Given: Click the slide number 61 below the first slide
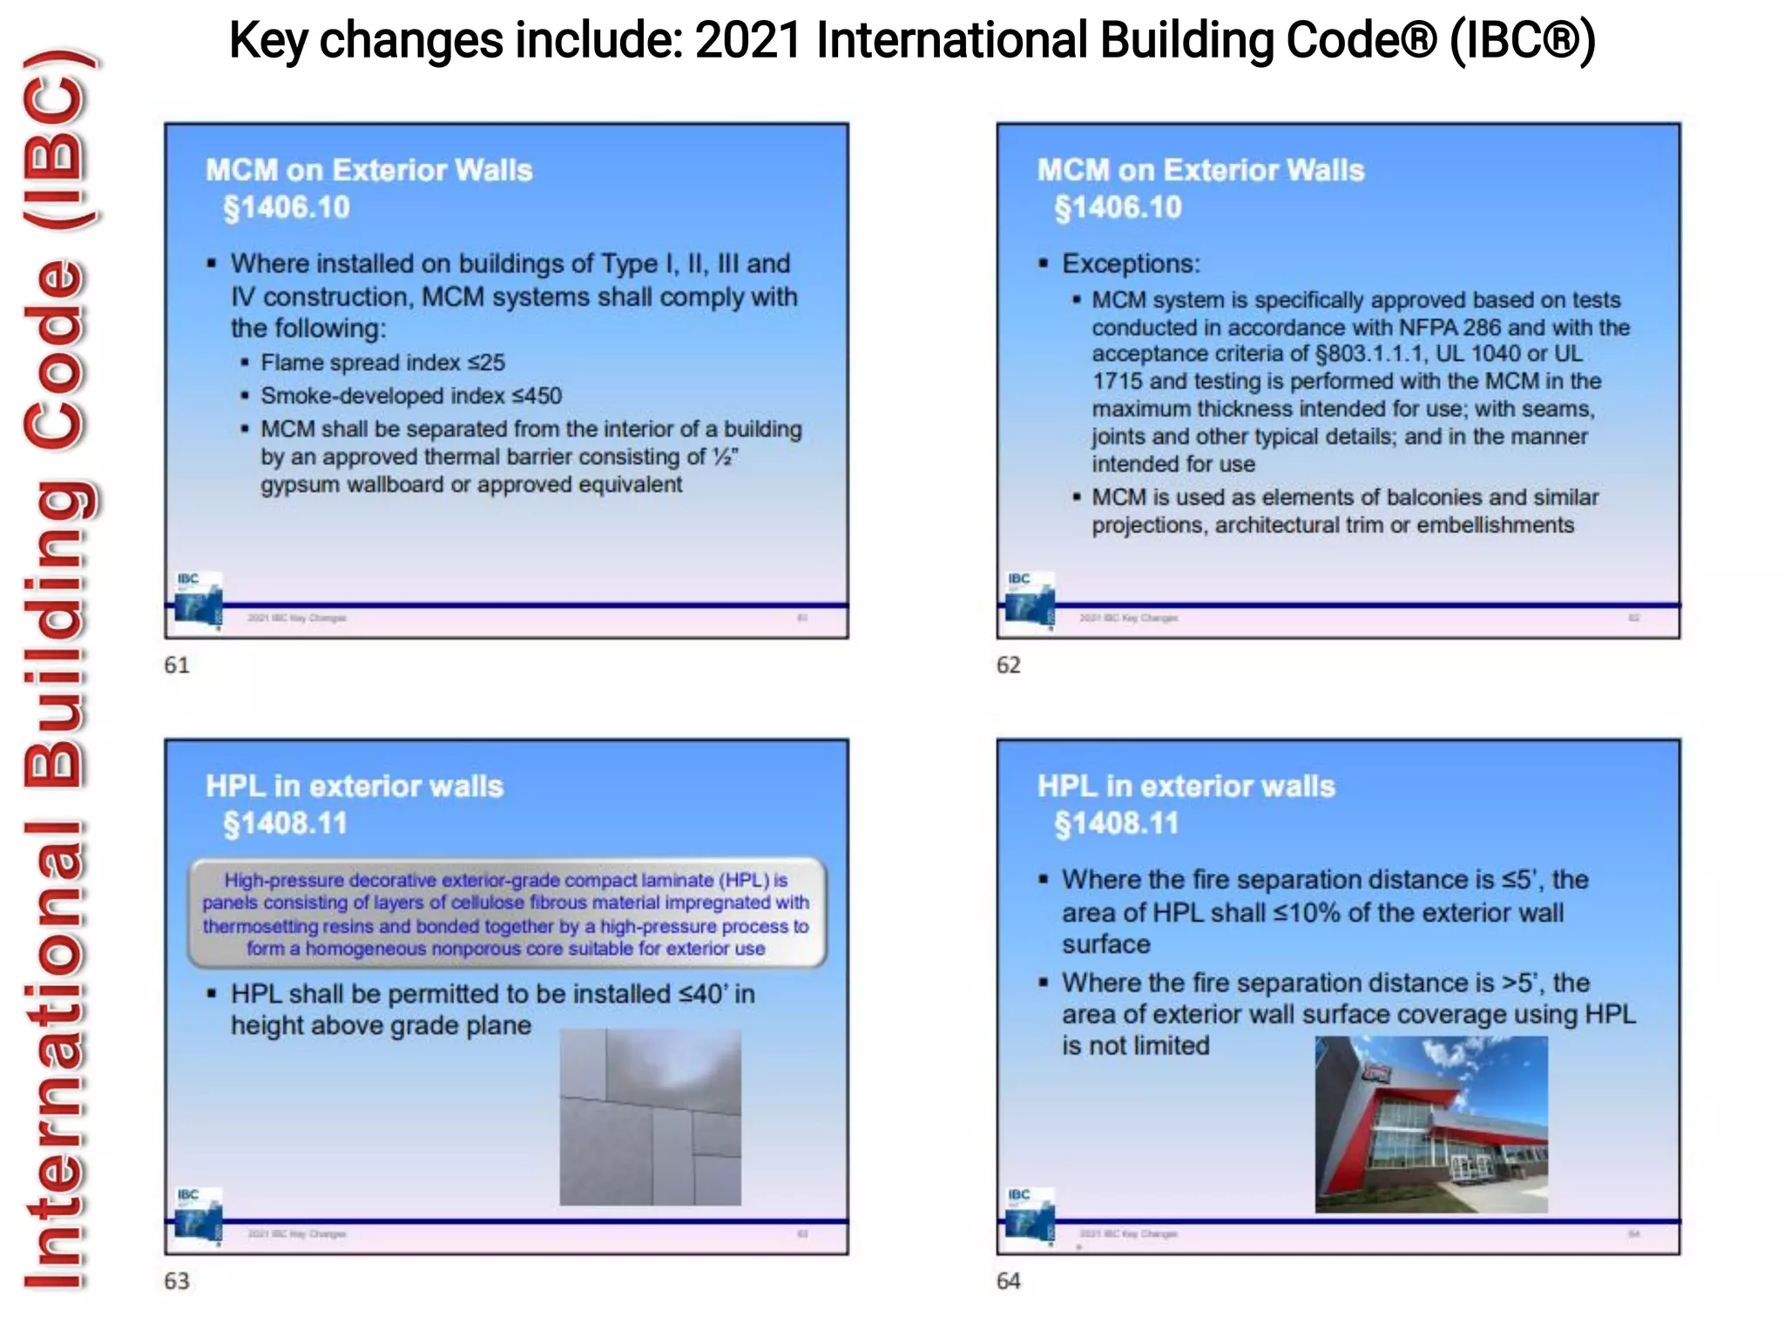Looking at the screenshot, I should [x=177, y=665].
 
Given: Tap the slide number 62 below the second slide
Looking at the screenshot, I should [x=1009, y=665].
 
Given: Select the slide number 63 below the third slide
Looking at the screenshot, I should [x=177, y=1281].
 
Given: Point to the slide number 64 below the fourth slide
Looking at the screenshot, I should [x=1009, y=1281].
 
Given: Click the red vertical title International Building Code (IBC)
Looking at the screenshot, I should [x=57, y=669].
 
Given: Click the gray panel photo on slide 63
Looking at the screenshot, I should [x=650, y=1118].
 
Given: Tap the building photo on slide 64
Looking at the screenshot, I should [x=1431, y=1124].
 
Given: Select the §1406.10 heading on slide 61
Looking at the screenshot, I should [x=287, y=207].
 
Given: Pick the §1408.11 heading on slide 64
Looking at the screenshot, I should [x=1117, y=823].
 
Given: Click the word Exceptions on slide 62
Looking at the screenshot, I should [x=1131, y=264].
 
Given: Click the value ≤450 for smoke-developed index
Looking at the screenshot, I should [x=537, y=395].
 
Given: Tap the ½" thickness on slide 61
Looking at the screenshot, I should [x=725, y=456].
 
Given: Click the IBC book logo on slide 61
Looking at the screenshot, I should [x=198, y=600].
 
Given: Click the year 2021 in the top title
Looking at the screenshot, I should [x=747, y=41].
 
